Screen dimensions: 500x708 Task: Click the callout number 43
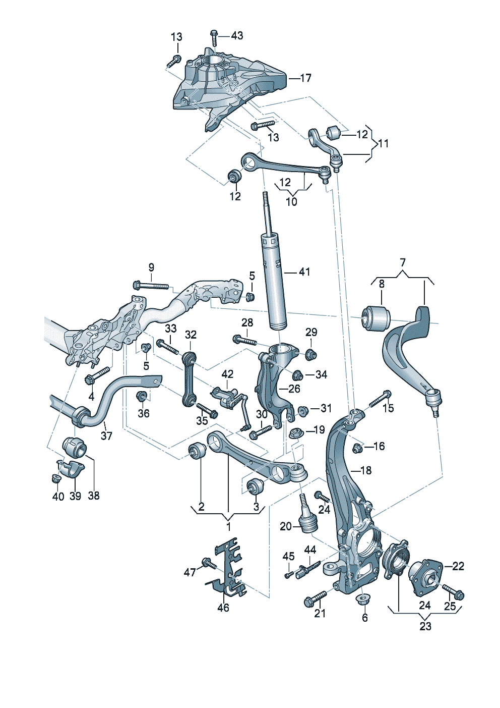pyautogui.click(x=237, y=36)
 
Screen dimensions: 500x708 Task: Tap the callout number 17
pyautogui.click(x=305, y=78)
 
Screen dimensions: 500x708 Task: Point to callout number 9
pyautogui.click(x=151, y=267)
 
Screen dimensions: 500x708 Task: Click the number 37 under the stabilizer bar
pyautogui.click(x=106, y=436)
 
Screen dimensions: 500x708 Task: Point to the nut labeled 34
pyautogui.click(x=298, y=375)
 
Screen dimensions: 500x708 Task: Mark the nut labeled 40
pyautogui.click(x=55, y=479)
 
